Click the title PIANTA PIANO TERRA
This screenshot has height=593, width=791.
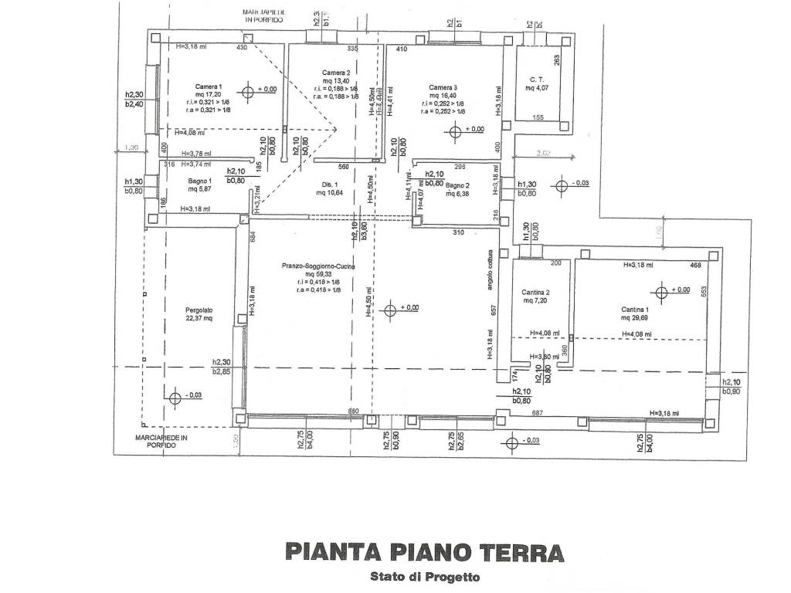424,552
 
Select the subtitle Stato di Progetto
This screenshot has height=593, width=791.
424,576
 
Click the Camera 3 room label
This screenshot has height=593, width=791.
443,86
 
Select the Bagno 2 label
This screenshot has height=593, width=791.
458,185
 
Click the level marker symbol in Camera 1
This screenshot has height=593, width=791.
248,92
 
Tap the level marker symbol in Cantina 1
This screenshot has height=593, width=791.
660,292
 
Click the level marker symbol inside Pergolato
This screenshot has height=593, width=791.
175,398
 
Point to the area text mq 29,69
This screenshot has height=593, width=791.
637,317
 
